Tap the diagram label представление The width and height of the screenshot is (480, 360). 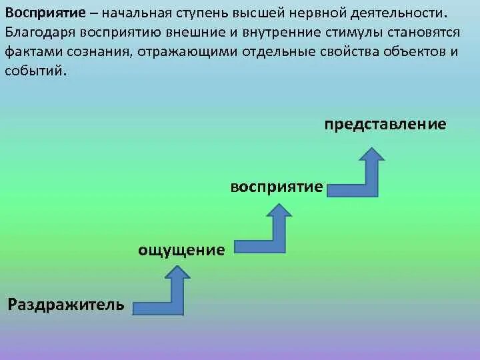pyautogui.click(x=386, y=125)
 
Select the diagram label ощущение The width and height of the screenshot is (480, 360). pyautogui.click(x=181, y=250)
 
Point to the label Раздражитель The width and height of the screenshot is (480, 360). pyautogui.click(x=66, y=305)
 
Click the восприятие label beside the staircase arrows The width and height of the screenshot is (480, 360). pyautogui.click(x=277, y=187)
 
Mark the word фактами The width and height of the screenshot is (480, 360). pyautogui.click(x=29, y=52)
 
